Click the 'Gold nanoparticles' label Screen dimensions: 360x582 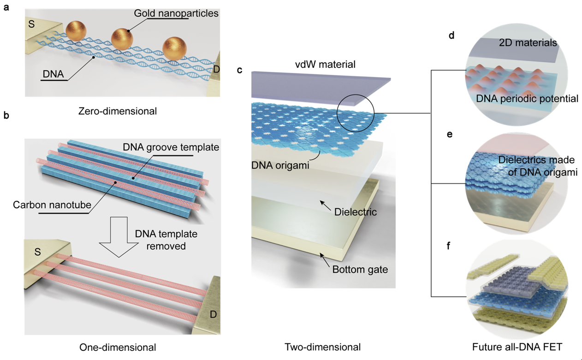coord(176,13)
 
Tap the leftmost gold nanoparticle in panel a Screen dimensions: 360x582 coord(76,31)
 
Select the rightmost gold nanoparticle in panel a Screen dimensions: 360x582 coord(174,47)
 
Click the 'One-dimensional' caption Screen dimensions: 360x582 coord(118,347)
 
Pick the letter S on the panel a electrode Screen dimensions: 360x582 coord(31,24)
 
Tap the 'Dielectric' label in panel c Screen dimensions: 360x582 coord(356,212)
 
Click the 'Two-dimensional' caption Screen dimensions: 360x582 coord(322,347)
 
